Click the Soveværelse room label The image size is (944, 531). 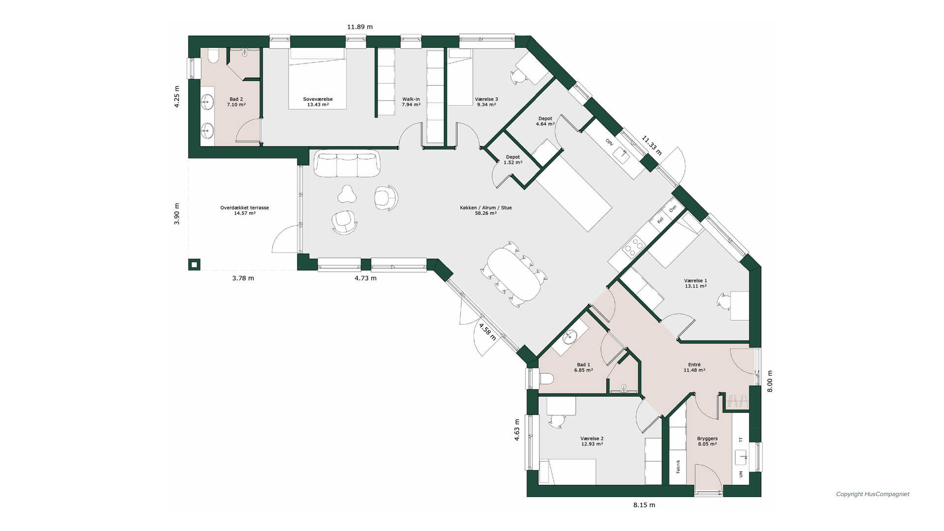pyautogui.click(x=318, y=99)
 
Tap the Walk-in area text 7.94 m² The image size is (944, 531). pyautogui.click(x=411, y=105)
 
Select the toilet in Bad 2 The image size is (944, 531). pyautogui.click(x=213, y=57)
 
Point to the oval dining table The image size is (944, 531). pyautogui.click(x=514, y=274)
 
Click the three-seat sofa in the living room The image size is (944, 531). pyautogui.click(x=347, y=164)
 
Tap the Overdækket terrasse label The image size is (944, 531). pyautogui.click(x=244, y=208)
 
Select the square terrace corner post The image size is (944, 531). pyautogui.click(x=194, y=265)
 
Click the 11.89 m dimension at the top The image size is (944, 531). pyautogui.click(x=360, y=27)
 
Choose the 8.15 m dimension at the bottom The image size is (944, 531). pyautogui.click(x=644, y=505)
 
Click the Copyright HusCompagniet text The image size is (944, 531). pyautogui.click(x=873, y=494)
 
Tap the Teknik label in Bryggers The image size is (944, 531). pyautogui.click(x=678, y=467)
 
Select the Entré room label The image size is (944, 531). pyautogui.click(x=694, y=365)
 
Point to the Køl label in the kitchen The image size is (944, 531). pyautogui.click(x=660, y=220)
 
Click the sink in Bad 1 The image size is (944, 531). pyautogui.click(x=570, y=337)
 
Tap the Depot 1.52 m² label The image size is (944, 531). pyautogui.click(x=513, y=160)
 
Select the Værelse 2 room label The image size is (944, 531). pyautogui.click(x=592, y=439)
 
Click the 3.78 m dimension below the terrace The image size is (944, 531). pyautogui.click(x=243, y=278)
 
